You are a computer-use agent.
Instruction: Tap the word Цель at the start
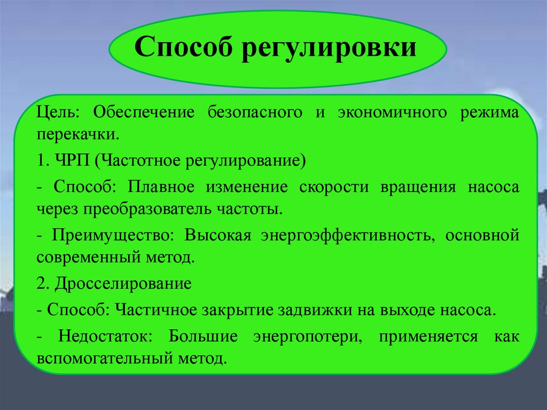click(x=57, y=113)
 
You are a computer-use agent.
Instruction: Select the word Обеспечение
click(x=139, y=113)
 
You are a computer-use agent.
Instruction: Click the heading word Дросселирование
click(x=122, y=284)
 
